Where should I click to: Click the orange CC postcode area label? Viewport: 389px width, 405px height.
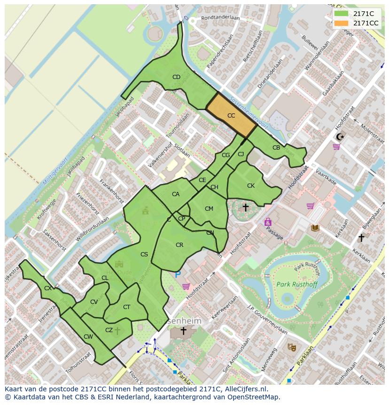click(x=231, y=116)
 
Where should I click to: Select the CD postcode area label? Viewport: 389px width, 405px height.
click(x=176, y=77)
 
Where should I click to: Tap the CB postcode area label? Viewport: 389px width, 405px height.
click(x=276, y=148)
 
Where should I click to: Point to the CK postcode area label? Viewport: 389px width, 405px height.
click(x=251, y=186)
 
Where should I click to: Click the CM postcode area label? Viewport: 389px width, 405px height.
click(x=209, y=209)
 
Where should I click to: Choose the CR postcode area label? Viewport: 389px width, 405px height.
click(x=179, y=245)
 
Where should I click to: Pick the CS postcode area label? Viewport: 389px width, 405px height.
click(x=144, y=254)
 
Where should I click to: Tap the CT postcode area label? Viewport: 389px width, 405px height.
click(x=126, y=307)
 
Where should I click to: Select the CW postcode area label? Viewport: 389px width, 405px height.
click(x=88, y=336)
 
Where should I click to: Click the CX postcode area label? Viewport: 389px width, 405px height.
click(x=48, y=288)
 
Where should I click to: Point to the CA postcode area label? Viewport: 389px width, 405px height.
click(x=176, y=194)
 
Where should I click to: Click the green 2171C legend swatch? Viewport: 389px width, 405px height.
click(x=341, y=14)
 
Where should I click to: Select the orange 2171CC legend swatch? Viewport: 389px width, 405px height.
click(x=341, y=23)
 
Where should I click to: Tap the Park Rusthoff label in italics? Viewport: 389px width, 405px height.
click(x=296, y=284)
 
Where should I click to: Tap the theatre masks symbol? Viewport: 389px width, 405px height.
click(x=292, y=347)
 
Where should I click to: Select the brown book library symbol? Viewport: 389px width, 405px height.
click(x=315, y=228)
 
